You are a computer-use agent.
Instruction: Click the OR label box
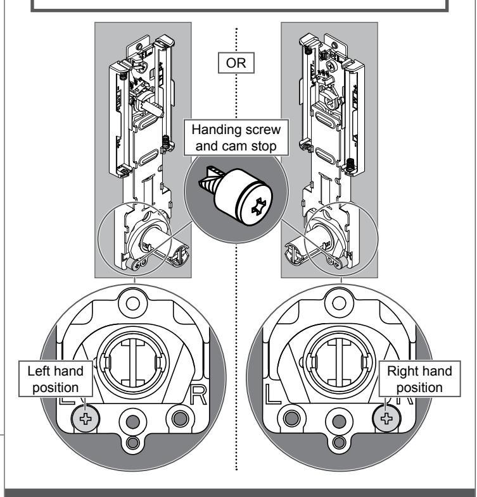point(236,63)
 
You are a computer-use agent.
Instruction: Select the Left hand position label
point(56,379)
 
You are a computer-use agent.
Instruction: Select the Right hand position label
point(419,379)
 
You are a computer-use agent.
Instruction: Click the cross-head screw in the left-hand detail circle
point(86,419)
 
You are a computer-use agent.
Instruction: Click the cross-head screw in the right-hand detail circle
point(386,419)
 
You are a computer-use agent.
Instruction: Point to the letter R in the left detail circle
point(198,395)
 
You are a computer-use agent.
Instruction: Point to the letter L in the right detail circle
point(272,395)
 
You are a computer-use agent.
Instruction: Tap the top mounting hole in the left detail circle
point(133,304)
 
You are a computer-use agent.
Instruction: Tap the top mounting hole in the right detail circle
point(339,304)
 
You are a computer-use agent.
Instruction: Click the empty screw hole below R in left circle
point(180,419)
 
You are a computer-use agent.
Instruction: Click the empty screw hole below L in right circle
point(291,419)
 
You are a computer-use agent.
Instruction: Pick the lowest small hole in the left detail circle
point(133,442)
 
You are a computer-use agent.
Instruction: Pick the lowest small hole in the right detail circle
point(339,442)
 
